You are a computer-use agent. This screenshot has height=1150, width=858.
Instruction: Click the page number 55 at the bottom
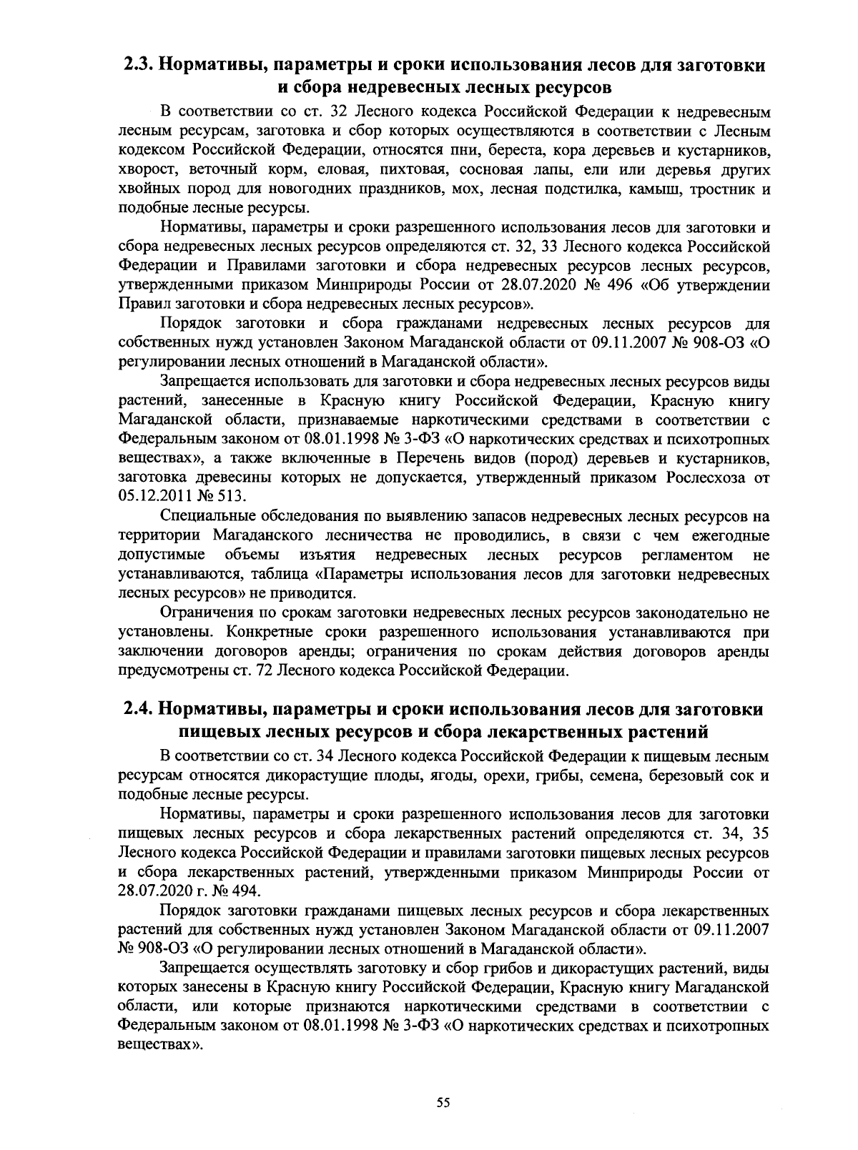click(x=443, y=1102)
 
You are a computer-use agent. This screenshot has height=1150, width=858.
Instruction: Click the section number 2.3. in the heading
click(x=138, y=66)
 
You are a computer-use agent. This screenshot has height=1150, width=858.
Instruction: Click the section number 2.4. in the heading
click(x=138, y=709)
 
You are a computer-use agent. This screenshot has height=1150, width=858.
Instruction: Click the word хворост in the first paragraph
click(x=147, y=171)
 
